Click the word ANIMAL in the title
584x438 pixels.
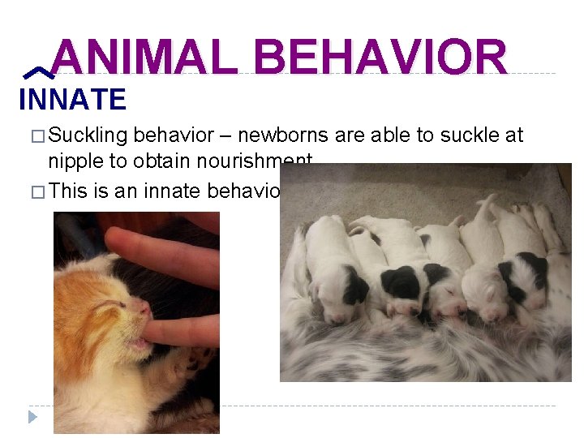point(144,58)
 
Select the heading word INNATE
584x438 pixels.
point(72,100)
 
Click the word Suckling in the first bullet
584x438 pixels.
point(88,135)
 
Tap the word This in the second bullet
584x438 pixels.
point(68,191)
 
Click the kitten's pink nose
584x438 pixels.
point(144,309)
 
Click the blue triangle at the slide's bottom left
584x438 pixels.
point(32,417)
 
